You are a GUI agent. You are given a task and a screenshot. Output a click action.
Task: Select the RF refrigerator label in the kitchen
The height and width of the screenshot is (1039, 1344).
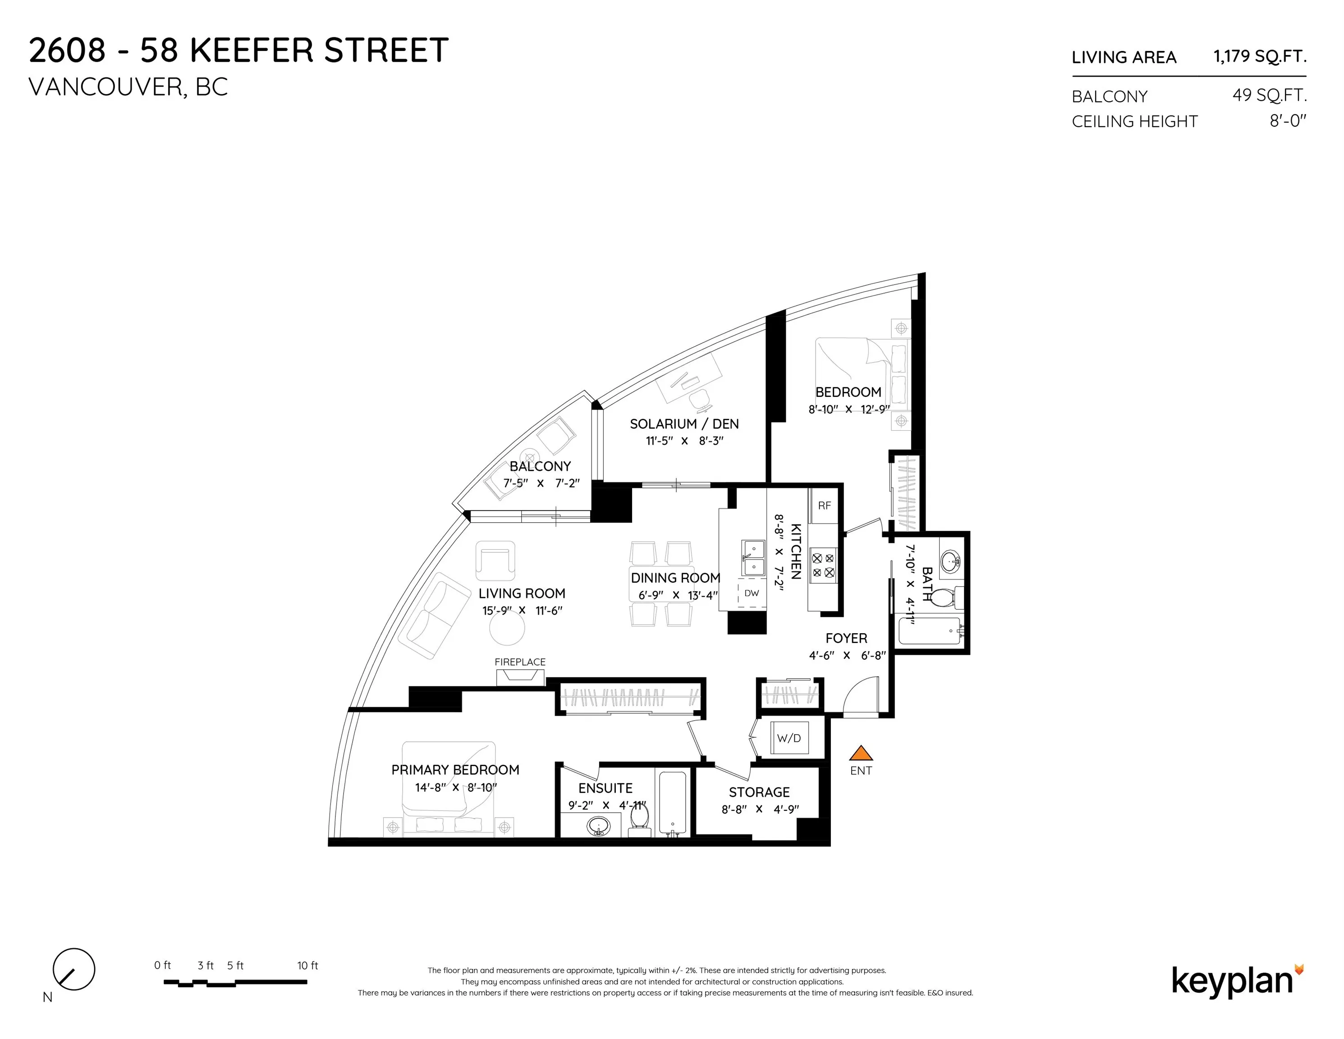click(824, 506)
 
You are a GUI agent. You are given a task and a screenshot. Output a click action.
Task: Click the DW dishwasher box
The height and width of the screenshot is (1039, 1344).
click(752, 593)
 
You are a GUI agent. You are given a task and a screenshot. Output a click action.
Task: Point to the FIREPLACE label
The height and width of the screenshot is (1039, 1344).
click(520, 662)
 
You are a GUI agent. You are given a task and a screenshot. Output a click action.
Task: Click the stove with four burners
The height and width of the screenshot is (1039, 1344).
click(823, 565)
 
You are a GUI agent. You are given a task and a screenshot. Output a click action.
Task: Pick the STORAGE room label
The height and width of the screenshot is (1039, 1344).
click(759, 792)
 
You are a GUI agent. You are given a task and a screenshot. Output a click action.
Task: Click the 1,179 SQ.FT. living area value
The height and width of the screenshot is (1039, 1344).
click(1260, 57)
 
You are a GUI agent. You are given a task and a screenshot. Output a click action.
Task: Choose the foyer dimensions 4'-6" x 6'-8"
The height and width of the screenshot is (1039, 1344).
click(847, 656)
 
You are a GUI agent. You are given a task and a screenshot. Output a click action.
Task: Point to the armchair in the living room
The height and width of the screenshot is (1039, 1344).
click(495, 560)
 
